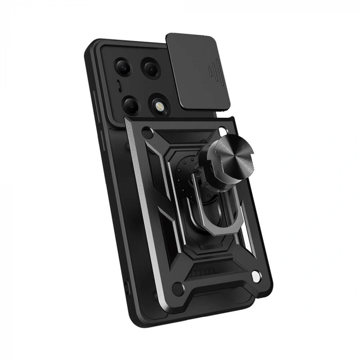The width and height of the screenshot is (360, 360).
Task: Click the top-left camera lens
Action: (x=124, y=66)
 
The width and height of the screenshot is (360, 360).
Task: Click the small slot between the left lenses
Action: (x=120, y=85)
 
